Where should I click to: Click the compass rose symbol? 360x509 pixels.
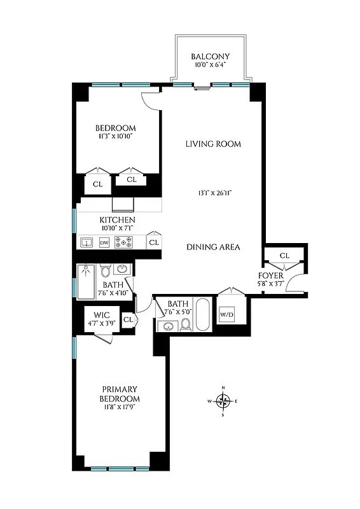point(223,401)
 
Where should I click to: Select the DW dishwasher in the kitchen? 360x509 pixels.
point(104,242)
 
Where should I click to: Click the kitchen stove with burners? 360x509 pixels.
point(123,242)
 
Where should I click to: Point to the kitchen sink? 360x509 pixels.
point(87,242)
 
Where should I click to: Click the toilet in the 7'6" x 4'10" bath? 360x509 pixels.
point(106,271)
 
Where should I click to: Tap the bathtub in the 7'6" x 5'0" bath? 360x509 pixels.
point(202,314)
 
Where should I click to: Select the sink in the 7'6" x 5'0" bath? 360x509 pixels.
point(168,326)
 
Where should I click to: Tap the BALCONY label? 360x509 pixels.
point(210,57)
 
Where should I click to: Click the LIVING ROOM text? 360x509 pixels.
point(213,144)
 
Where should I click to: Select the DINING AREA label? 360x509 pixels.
point(213,247)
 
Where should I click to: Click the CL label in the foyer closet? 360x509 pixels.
point(284,256)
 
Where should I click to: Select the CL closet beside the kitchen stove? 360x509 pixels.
point(153,242)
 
